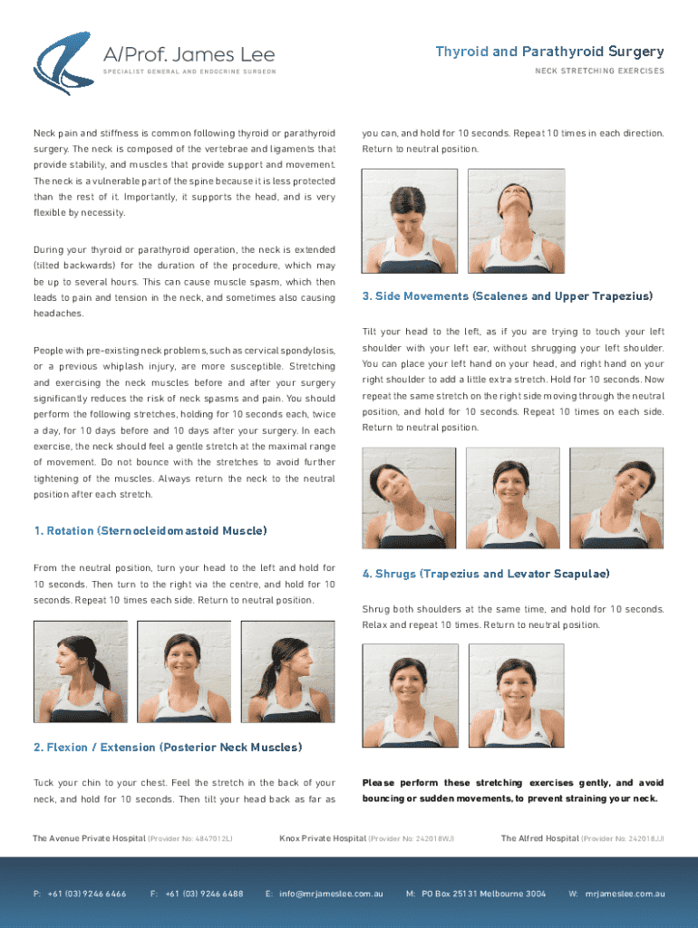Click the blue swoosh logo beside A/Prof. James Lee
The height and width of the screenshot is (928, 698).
(63, 63)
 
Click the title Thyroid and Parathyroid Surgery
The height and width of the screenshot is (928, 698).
(549, 52)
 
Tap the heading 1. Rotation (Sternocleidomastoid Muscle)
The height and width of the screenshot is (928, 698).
(150, 531)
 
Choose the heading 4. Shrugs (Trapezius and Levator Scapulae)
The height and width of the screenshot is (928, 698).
(486, 574)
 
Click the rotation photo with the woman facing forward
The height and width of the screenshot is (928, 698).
(184, 672)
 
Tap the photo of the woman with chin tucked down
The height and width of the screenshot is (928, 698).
(410, 221)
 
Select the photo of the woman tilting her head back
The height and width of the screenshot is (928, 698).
(516, 221)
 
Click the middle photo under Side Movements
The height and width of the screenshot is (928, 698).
(513, 498)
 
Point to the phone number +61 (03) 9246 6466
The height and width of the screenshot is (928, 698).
(87, 894)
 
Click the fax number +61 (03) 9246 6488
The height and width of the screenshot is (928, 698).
(204, 894)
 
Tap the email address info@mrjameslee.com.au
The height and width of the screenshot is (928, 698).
(331, 894)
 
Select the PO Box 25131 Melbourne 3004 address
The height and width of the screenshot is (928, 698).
(484, 894)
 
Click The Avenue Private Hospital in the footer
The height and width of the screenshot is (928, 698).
(89, 838)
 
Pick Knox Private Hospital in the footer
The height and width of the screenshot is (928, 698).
(323, 838)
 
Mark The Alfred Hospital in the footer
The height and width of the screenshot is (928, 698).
(540, 838)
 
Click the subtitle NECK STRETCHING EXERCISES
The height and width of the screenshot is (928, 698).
(600, 71)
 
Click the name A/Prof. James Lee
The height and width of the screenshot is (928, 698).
(189, 55)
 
